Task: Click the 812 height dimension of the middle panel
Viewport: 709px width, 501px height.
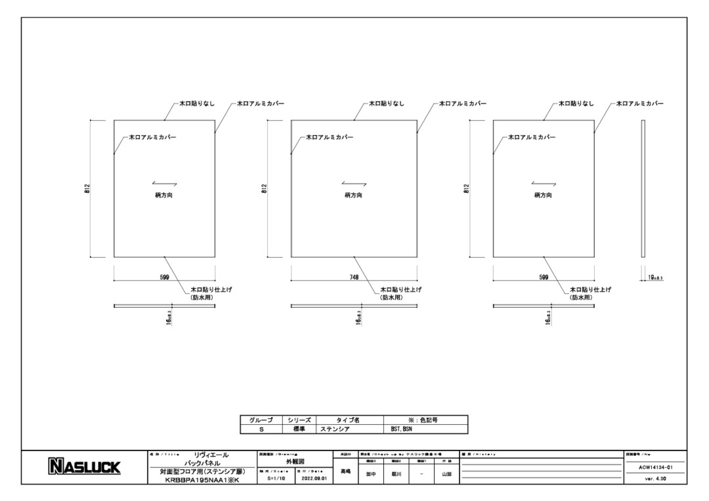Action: tap(264, 189)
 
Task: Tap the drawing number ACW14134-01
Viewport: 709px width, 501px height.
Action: tap(655, 468)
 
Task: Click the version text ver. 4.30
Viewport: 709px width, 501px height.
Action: tap(655, 479)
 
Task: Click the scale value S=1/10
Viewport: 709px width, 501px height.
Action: tap(276, 479)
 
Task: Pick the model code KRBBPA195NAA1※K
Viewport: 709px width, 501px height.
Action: tap(202, 479)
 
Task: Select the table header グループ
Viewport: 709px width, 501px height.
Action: tap(261, 420)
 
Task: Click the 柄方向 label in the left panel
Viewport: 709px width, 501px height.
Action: tap(164, 195)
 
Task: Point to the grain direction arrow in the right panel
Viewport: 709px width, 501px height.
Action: tap(544, 184)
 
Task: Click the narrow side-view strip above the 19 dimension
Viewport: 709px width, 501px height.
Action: tap(644, 189)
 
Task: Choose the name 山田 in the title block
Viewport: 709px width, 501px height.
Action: tap(446, 474)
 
